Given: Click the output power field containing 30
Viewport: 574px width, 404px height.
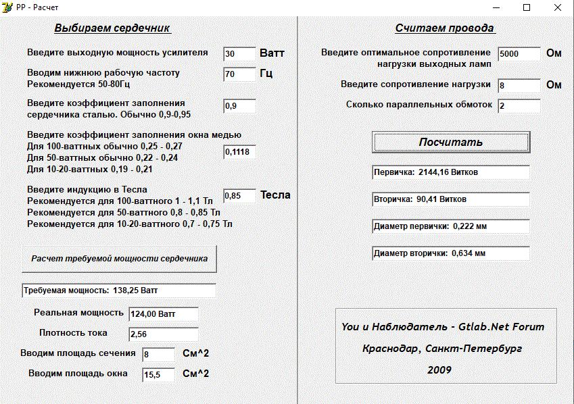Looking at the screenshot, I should coord(239,54).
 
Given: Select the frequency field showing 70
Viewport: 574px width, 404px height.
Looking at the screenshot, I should coord(239,74).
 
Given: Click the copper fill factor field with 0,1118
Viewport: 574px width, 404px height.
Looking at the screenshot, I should coord(239,152).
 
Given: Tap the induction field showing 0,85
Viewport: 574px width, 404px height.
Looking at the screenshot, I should coord(239,196).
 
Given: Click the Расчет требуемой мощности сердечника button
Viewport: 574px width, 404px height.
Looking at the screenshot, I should coord(120,259).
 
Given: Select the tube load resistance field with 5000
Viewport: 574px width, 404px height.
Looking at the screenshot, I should coord(519,54).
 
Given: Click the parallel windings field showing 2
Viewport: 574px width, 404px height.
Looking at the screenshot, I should coord(519,106).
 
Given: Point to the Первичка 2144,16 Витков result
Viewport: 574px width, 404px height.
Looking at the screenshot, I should coord(451,172).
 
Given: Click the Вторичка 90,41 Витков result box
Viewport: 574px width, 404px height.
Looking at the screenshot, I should coord(451,199).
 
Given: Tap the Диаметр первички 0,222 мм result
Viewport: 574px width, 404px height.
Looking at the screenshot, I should coord(451,226).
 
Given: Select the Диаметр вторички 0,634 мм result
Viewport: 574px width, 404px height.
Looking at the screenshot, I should coord(451,253).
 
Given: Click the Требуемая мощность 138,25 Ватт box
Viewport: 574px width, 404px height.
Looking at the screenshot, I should coord(119,291).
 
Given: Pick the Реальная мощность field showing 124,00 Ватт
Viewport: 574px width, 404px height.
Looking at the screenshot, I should coord(164,314).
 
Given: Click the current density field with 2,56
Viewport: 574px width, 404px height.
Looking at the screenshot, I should coord(164,334).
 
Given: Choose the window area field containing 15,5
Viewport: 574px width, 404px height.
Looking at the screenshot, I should coord(158,374).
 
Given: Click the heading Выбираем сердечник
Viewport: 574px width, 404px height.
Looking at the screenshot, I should coord(112,28).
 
